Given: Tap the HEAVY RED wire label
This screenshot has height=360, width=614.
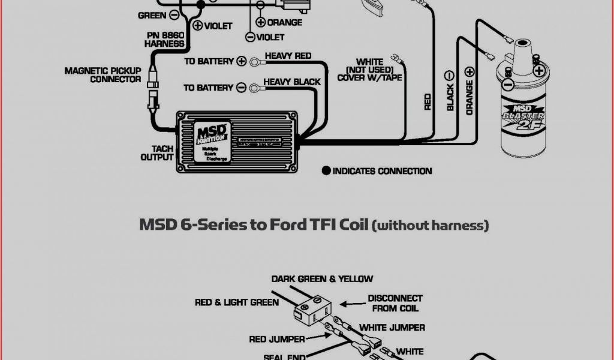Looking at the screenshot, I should tap(288, 56).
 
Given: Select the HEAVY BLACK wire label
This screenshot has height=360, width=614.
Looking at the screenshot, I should tap(292, 82).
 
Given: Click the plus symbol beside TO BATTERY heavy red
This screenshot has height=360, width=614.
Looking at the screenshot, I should tap(241, 61).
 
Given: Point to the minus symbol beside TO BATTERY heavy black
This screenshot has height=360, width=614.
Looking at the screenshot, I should tap(241, 88).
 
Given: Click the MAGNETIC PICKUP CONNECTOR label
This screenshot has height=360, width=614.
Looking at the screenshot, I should tap(103, 75).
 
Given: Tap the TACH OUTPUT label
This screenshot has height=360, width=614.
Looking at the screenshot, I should tap(157, 153).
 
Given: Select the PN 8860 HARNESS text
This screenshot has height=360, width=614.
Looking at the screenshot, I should tap(164, 40).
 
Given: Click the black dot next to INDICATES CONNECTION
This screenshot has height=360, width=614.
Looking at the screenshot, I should tap(326, 171).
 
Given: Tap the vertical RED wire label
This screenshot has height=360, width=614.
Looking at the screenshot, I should tap(428, 101).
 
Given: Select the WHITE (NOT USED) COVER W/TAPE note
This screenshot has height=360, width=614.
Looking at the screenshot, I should tap(369, 70).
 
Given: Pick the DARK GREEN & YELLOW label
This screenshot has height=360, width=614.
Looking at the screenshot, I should tap(322, 278).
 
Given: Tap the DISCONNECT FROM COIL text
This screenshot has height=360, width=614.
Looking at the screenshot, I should tap(395, 303).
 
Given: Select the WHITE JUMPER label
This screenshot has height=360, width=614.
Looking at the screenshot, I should tap(392, 328).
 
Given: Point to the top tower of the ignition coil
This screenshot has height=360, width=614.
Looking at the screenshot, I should tap(520, 46).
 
